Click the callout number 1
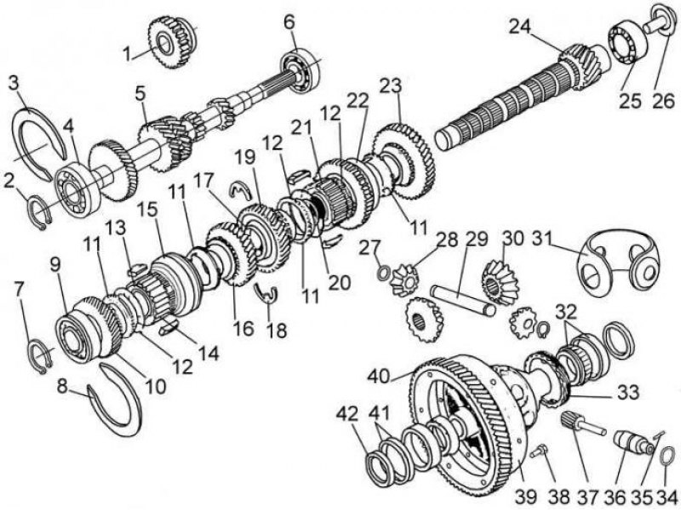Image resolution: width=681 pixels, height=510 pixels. coord(127,54)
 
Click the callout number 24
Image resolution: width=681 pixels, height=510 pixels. coord(521,27)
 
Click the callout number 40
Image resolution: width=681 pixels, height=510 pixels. coord(379,376)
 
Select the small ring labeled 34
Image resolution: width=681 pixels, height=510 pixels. coord(667,457)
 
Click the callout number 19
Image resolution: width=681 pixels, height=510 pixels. coord(245,157)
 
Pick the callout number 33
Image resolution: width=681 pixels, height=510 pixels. coord(629,392)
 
